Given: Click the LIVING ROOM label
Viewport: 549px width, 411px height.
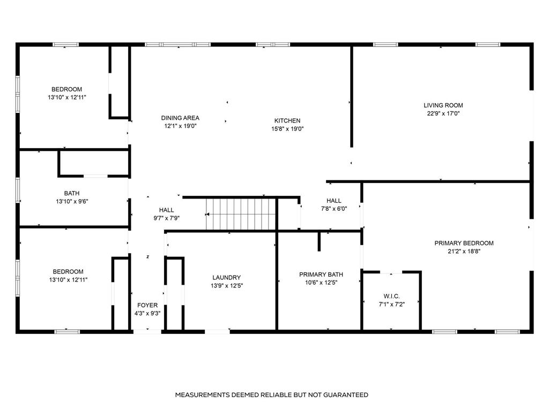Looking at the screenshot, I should coord(443,105).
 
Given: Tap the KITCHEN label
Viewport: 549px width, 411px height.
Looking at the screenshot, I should coord(287,121).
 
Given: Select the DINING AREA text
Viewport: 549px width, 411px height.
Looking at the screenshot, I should coord(180,118).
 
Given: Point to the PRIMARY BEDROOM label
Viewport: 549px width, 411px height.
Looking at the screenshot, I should coord(464,243).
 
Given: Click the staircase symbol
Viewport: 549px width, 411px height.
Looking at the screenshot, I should coord(241,214).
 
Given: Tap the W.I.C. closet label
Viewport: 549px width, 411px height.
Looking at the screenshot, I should coord(391,296).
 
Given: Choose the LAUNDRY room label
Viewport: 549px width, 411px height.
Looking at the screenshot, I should coord(226,278).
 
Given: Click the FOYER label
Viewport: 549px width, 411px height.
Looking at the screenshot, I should coord(147,306).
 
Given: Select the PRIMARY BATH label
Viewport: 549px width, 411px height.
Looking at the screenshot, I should coord(321,275).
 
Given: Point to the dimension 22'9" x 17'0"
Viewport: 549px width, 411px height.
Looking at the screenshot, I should coord(443,113).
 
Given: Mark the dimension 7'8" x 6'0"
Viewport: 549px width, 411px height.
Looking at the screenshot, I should coord(333,209).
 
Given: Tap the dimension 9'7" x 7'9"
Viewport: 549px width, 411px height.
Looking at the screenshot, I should coord(166,218).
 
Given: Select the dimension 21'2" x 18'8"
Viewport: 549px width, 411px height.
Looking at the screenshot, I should coord(464,251).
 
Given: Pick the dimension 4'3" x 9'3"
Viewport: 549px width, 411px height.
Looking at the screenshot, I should coord(147,314).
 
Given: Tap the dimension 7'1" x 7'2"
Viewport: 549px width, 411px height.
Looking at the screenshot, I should coord(391,305).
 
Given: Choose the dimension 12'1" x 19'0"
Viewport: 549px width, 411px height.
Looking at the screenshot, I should coord(180,126).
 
